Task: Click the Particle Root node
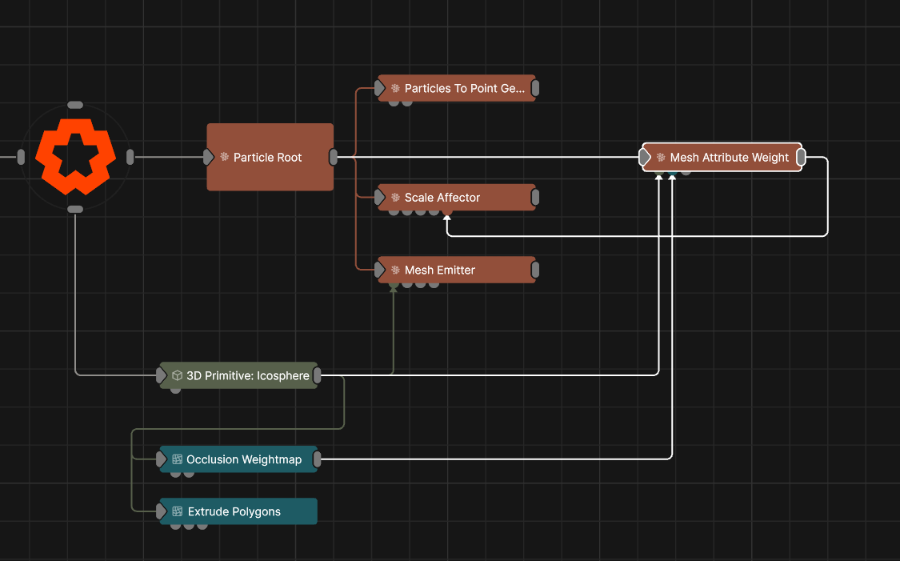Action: point(270,157)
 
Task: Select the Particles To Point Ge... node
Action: point(457,88)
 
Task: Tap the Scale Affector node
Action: point(457,198)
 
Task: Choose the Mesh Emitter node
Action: point(457,270)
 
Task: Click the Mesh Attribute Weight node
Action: point(722,157)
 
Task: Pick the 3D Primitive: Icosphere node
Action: point(238,375)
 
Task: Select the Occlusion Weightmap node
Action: point(238,459)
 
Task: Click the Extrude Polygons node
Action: point(238,511)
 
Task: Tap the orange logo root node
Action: point(75,157)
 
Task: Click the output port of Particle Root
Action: point(334,157)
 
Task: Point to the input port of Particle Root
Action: point(208,157)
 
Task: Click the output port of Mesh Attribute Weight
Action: point(802,157)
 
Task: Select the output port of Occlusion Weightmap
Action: point(317,459)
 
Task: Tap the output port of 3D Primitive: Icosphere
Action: point(317,375)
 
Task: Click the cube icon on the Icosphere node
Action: point(178,375)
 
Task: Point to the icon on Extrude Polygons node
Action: point(178,511)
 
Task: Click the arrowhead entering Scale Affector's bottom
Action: point(447,218)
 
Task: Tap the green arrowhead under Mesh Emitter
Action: point(394,290)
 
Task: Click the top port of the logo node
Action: point(75,105)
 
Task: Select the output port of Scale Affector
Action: point(535,198)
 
